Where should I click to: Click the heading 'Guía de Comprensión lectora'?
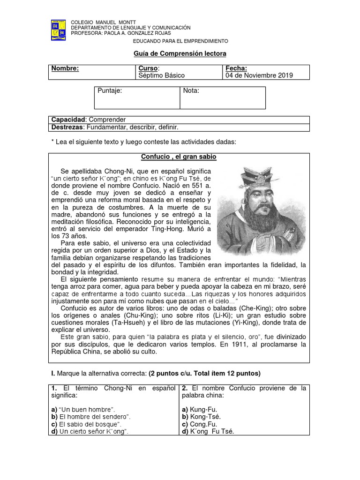click(180, 54)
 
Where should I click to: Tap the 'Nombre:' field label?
click(65, 68)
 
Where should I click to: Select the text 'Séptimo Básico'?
click(162, 75)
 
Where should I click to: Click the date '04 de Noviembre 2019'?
click(259, 75)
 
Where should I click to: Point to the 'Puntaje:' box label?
click(110, 91)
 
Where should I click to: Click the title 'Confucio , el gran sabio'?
click(179, 157)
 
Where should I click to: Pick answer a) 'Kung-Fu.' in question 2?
click(200, 409)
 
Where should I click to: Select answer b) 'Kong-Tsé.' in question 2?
click(201, 417)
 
